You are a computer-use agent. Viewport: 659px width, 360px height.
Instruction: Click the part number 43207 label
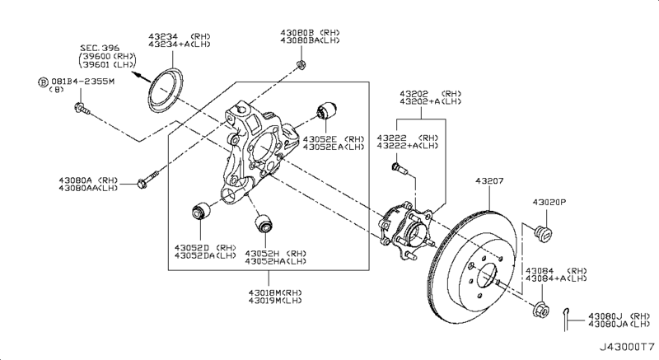(489, 181)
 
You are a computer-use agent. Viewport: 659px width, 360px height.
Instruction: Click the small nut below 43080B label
(301, 65)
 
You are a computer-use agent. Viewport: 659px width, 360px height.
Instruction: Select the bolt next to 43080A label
(148, 179)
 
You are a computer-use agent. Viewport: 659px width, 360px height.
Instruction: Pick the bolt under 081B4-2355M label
(82, 109)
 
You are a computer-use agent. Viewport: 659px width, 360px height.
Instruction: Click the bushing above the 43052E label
(326, 110)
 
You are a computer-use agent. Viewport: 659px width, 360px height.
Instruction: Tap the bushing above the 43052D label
(201, 210)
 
